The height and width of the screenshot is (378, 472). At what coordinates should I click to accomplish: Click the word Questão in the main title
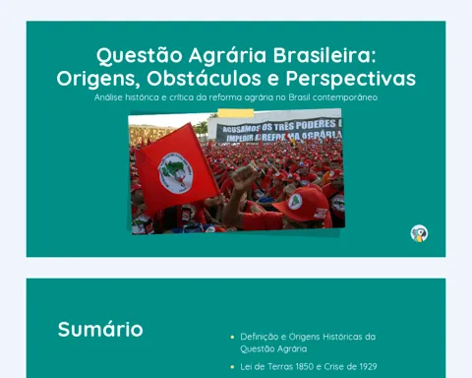(x=140, y=56)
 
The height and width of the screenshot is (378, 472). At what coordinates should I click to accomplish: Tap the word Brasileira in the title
(x=324, y=55)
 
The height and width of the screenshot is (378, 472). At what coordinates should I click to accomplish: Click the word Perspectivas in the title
(x=351, y=79)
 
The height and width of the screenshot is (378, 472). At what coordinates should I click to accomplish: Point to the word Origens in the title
(x=98, y=80)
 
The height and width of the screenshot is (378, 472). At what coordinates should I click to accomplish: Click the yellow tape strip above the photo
(x=236, y=113)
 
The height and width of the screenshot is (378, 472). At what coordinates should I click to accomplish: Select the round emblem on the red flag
(x=175, y=173)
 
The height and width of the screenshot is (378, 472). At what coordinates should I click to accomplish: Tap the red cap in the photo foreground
(x=302, y=205)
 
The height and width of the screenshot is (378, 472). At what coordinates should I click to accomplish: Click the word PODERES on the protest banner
(x=316, y=124)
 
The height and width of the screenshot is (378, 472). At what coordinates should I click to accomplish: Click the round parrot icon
(x=419, y=233)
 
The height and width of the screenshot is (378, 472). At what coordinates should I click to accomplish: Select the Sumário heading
(x=100, y=330)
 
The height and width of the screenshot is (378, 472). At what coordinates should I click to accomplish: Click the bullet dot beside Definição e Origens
(x=232, y=337)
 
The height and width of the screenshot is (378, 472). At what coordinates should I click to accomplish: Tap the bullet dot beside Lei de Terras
(x=232, y=367)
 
